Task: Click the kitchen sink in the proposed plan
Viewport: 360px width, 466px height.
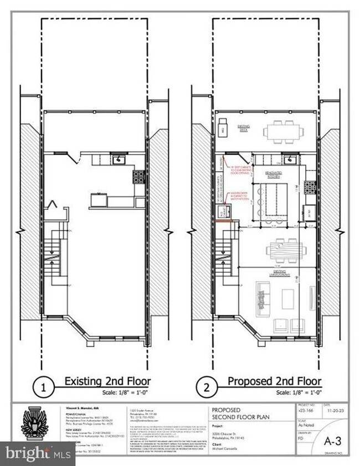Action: pyautogui.click(x=290, y=160)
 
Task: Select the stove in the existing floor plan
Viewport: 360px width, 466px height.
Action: pyautogui.click(x=137, y=178)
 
